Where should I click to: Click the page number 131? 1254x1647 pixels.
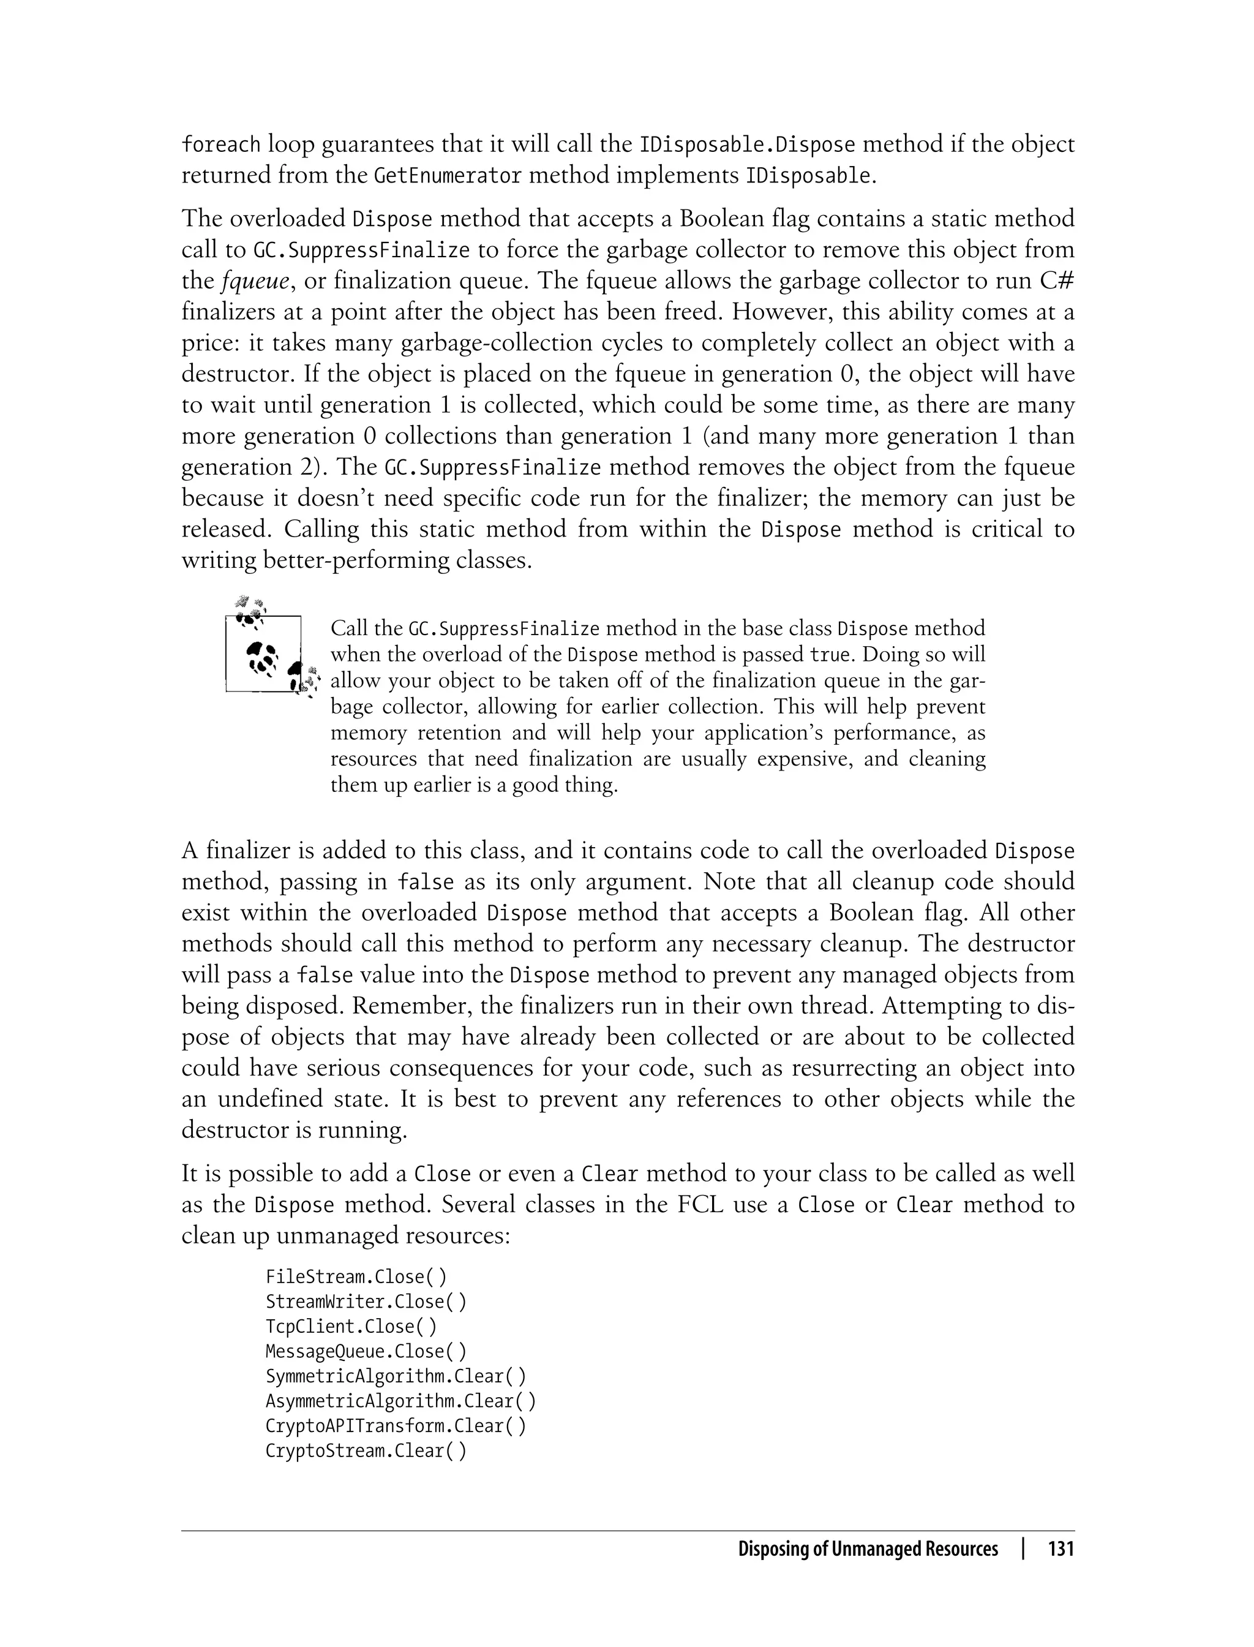pyautogui.click(x=1061, y=1549)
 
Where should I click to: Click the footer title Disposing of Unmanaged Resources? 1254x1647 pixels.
pyautogui.click(x=868, y=1549)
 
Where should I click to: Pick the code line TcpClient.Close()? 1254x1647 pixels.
pyautogui.click(x=351, y=1326)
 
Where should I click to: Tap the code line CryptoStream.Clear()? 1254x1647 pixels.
pyautogui.click(x=366, y=1450)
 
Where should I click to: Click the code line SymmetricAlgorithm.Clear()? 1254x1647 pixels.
pyautogui.click(x=396, y=1376)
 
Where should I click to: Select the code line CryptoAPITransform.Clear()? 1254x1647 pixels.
pyautogui.click(x=396, y=1426)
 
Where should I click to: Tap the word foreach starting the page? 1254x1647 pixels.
pyautogui.click(x=221, y=144)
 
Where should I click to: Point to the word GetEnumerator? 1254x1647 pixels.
pyautogui.click(x=447, y=176)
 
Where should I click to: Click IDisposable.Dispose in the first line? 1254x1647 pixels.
pyautogui.click(x=747, y=144)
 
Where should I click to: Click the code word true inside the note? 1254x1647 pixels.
pyautogui.click(x=830, y=655)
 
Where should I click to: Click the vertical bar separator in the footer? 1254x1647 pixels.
pyautogui.click(x=1023, y=1549)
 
